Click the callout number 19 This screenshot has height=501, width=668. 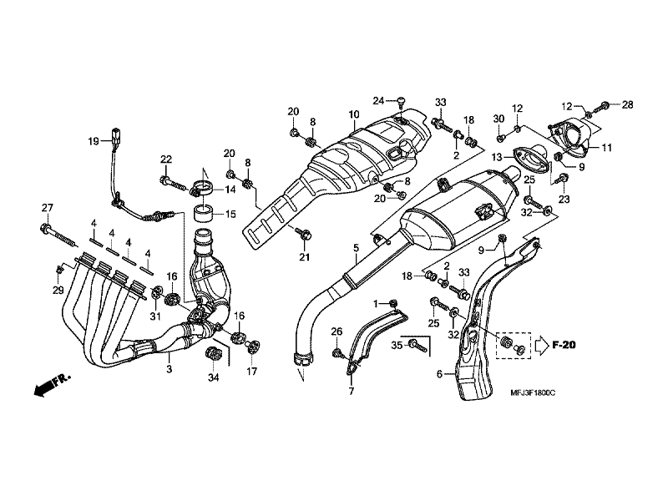94,141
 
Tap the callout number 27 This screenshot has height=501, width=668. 47,208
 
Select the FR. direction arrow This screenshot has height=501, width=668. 52,386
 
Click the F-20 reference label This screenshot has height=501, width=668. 564,345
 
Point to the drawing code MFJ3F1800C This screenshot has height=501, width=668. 533,392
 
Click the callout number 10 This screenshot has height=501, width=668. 354,114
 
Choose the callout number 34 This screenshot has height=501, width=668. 213,377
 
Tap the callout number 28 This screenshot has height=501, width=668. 628,104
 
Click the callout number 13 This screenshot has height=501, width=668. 497,158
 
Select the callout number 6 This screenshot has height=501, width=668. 440,374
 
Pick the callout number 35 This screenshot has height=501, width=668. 397,345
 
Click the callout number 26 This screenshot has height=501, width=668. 337,331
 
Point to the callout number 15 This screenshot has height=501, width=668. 230,214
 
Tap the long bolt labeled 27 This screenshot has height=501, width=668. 59,235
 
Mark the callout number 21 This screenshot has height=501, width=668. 304,257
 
